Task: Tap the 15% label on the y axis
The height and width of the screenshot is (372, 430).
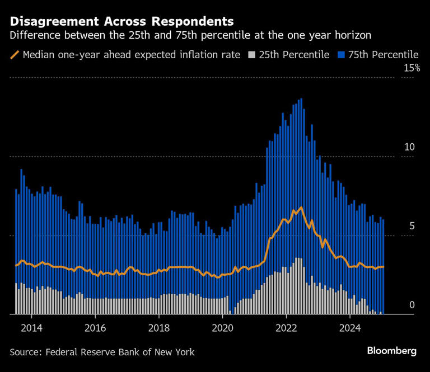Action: tap(412, 68)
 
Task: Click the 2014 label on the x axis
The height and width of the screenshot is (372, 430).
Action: tap(31, 327)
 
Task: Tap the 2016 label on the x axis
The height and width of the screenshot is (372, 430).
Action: tap(95, 327)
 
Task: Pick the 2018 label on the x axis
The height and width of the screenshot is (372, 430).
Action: tap(159, 327)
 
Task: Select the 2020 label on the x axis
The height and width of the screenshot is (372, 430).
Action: tap(223, 327)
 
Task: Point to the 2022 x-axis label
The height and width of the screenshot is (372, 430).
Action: tap(286, 327)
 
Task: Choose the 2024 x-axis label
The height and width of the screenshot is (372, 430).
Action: tap(350, 327)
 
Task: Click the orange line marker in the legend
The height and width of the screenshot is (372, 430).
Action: tap(15, 55)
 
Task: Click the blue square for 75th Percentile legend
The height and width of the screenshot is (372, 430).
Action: tap(340, 55)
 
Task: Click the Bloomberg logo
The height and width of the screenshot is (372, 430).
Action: tap(391, 351)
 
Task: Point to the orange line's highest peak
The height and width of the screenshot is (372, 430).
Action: tap(301, 208)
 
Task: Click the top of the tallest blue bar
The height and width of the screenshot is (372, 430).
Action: tap(301, 100)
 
